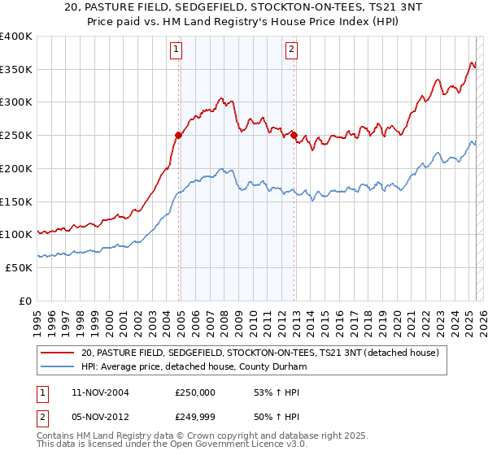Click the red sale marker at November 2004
click(178, 135)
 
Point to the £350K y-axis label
click(16, 69)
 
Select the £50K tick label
click(20, 267)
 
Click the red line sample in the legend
click(58, 353)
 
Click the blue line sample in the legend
click(58, 366)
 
